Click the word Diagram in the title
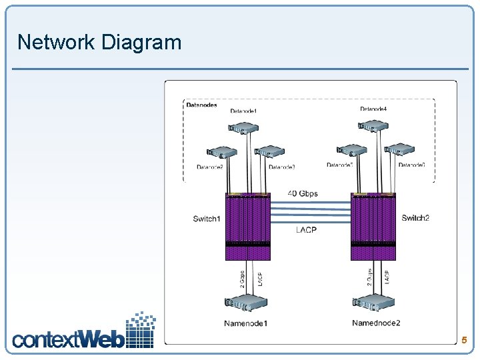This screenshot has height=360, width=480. click(141, 42)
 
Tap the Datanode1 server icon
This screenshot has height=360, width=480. click(243, 127)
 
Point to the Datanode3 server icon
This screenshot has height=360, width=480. click(270, 153)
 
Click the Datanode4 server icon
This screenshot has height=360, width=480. click(373, 125)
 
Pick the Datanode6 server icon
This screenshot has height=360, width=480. click(400, 151)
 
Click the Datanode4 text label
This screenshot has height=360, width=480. click(373, 109)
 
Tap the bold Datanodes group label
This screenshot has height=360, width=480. click(201, 105)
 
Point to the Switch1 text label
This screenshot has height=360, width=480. click(207, 219)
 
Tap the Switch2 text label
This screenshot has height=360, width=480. click(415, 218)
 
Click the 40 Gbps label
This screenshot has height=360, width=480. click(303, 193)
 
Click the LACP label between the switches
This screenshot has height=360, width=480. click(306, 230)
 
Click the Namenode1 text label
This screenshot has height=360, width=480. click(245, 323)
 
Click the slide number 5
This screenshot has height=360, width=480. click(464, 340)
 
